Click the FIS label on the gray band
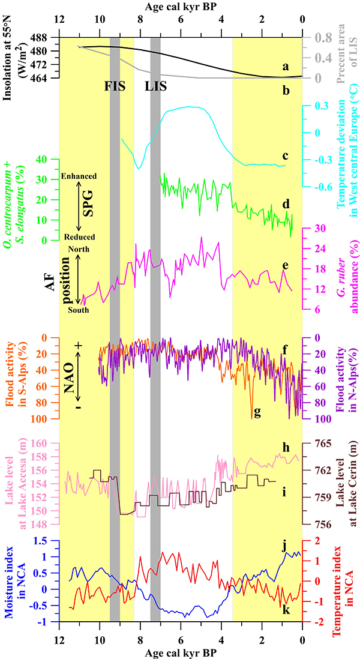point(115,85)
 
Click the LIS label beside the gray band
point(155,85)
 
